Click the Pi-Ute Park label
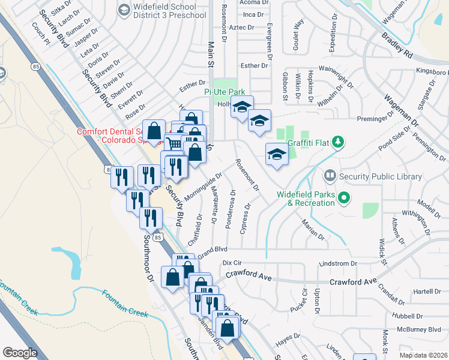(224, 92)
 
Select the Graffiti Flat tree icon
(339, 142)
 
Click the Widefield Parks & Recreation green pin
(344, 197)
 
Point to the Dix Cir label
(231, 263)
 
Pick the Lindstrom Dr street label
(338, 263)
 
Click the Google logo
(20, 353)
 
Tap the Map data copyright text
(424, 355)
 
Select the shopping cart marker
(173, 144)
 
